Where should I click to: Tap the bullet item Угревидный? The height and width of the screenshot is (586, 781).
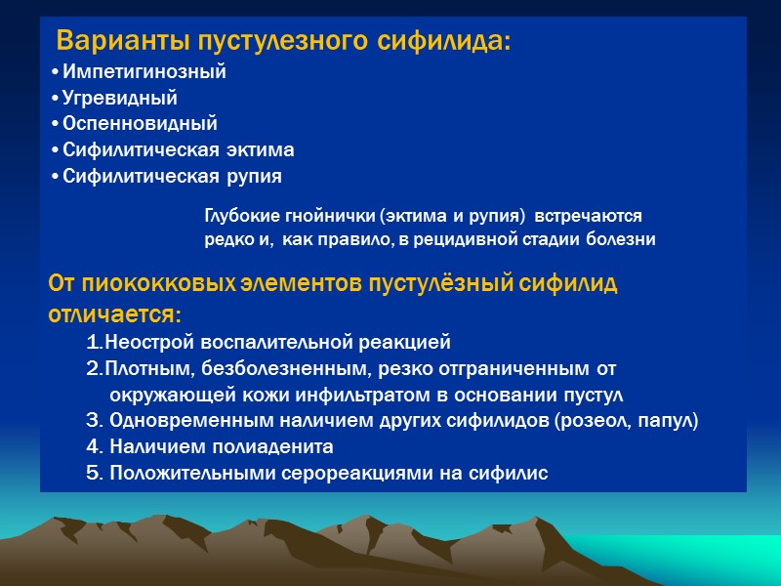click(x=119, y=99)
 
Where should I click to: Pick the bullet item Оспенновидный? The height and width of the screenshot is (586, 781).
click(x=140, y=125)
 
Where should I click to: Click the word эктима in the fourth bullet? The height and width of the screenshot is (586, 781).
click(x=262, y=151)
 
